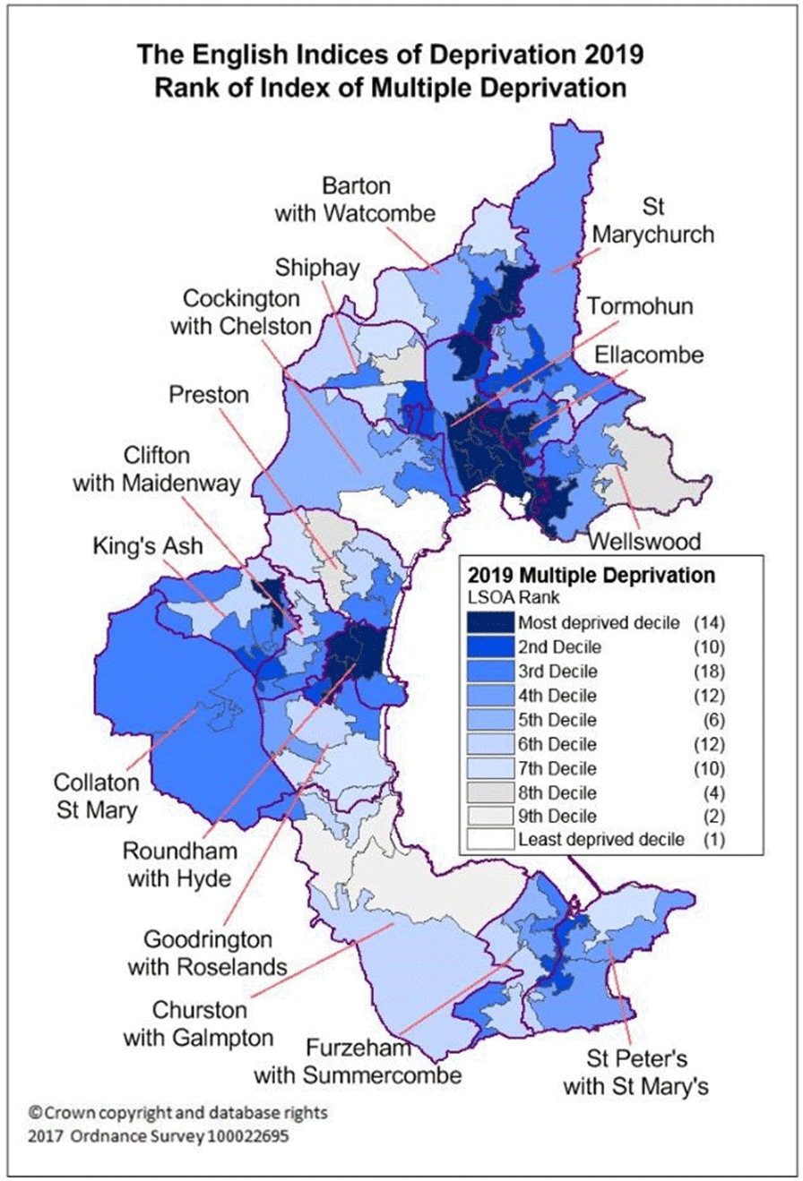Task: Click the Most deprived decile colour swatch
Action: tap(489, 622)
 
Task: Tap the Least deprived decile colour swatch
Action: tap(489, 839)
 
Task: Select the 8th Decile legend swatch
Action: tap(489, 791)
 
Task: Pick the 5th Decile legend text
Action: tap(559, 719)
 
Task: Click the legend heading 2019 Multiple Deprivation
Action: tap(585, 573)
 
